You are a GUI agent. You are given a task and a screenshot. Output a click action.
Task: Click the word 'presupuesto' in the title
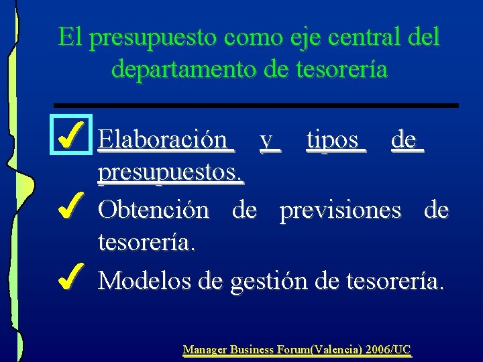tap(144, 38)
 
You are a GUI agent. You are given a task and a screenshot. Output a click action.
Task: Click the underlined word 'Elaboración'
tap(162, 139)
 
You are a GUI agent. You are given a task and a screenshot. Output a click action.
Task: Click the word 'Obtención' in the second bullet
tap(154, 210)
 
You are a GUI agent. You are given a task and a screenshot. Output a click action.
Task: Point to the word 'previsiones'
tap(340, 210)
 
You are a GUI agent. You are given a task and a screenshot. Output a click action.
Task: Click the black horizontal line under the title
tap(256, 105)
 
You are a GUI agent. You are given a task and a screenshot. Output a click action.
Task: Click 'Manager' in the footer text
tap(205, 349)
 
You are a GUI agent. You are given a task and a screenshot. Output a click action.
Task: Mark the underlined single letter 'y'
tap(268, 141)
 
